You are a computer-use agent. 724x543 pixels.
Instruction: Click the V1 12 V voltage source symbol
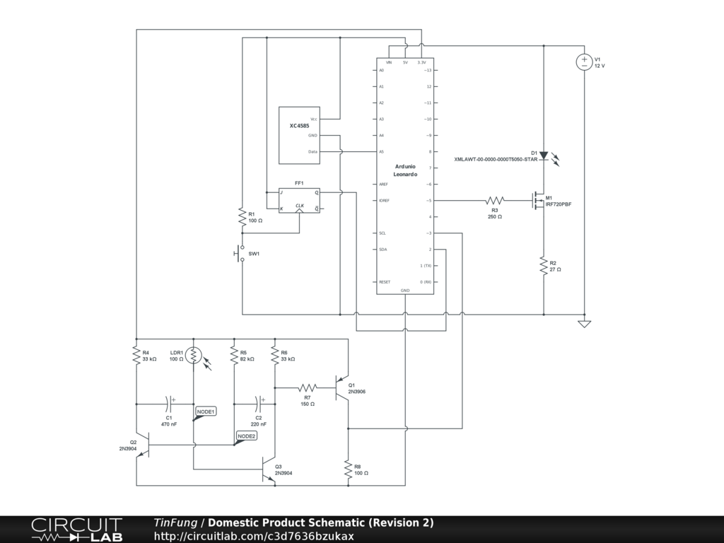point(584,62)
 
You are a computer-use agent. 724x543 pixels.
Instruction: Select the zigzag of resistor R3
point(495,201)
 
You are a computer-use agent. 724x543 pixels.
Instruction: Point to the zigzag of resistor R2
point(543,266)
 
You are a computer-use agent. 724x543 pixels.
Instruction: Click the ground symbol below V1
point(584,324)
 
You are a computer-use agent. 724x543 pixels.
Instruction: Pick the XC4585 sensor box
point(299,135)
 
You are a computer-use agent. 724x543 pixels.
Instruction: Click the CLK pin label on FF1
point(300,206)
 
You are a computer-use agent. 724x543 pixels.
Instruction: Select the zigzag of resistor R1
point(242,217)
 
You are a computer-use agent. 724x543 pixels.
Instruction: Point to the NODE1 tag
point(206,411)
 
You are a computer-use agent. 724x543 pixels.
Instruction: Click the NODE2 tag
point(246,436)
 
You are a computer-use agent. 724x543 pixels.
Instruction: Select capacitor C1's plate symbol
point(169,404)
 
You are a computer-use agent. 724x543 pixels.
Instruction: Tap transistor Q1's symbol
point(344,388)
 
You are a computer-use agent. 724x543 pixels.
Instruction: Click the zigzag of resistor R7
point(307,387)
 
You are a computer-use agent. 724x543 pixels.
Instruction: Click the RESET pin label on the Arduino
point(385,282)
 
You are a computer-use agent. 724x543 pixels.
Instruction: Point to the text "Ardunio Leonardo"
point(405,170)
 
